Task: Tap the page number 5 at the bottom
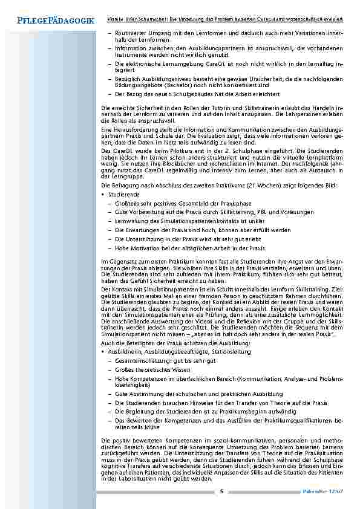[221, 491]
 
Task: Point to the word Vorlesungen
[296, 213]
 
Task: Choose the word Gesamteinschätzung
[142, 360]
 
